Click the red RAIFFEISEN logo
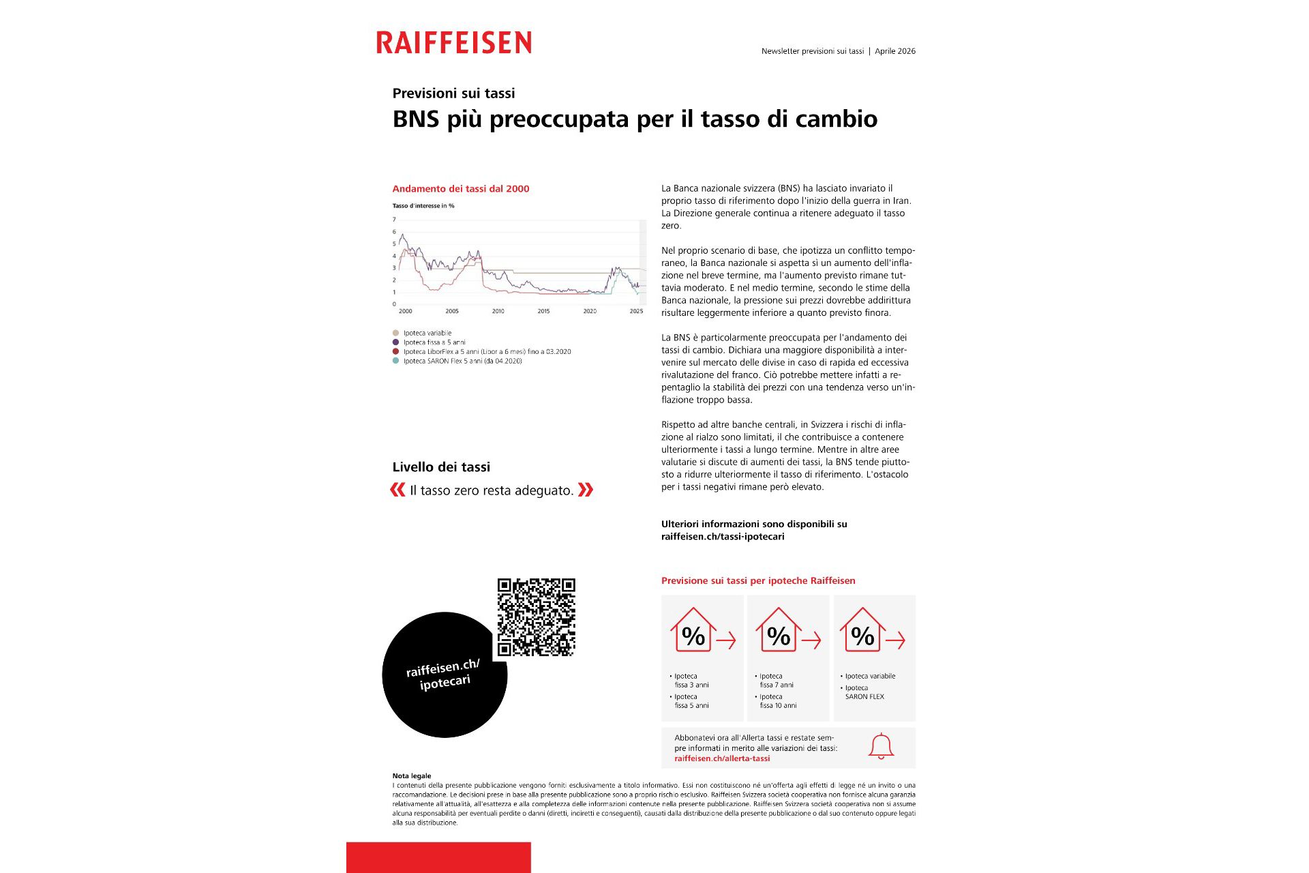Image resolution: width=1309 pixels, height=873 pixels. pyautogui.click(x=453, y=42)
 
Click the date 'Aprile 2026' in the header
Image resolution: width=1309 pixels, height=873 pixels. pyautogui.click(x=894, y=51)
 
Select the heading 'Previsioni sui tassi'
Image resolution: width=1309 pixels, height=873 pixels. pyautogui.click(x=453, y=93)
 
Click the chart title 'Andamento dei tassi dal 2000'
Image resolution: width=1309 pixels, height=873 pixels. pyautogui.click(x=460, y=189)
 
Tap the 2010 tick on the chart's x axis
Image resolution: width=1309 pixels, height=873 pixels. pyautogui.click(x=498, y=311)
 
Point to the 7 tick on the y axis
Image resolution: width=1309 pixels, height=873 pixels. pyautogui.click(x=394, y=220)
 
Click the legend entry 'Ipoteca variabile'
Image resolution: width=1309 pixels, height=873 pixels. pyautogui.click(x=427, y=333)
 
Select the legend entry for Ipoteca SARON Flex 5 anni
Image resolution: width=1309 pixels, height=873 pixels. pyautogui.click(x=462, y=361)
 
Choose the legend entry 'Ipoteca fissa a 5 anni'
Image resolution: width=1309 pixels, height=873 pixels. pyautogui.click(x=434, y=342)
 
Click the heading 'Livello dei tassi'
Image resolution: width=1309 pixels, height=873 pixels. pyautogui.click(x=441, y=467)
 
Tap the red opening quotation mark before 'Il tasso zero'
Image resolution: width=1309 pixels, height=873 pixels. pyautogui.click(x=397, y=490)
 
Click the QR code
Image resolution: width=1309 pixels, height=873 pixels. pyautogui.click(x=536, y=617)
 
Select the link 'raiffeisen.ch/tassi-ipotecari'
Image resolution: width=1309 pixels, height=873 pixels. pyautogui.click(x=723, y=537)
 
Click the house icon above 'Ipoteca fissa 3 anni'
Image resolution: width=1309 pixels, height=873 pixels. pyautogui.click(x=693, y=630)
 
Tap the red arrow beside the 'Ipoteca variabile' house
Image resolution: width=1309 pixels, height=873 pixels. pyautogui.click(x=895, y=640)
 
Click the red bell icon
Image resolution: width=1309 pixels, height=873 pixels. pyautogui.click(x=881, y=746)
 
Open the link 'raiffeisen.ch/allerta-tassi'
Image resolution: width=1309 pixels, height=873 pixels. pyautogui.click(x=722, y=758)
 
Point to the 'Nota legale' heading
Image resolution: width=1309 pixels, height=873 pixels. pyautogui.click(x=412, y=776)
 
